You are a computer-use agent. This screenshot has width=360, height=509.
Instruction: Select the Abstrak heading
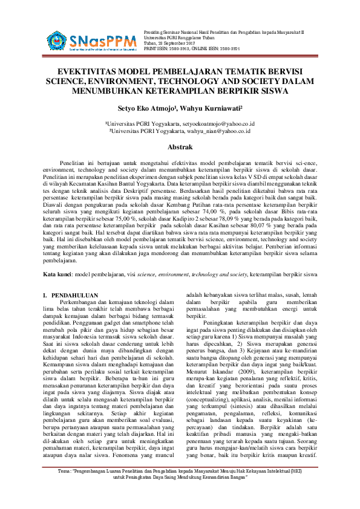(x=180, y=147)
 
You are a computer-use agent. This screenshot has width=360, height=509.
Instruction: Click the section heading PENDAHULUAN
(x=71, y=295)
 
